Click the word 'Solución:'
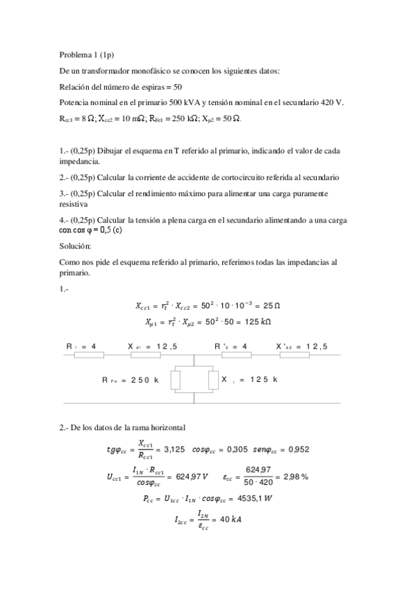point(76,246)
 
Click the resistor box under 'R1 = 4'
point(89,354)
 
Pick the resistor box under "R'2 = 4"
point(235,354)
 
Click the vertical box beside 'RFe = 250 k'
point(176,380)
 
